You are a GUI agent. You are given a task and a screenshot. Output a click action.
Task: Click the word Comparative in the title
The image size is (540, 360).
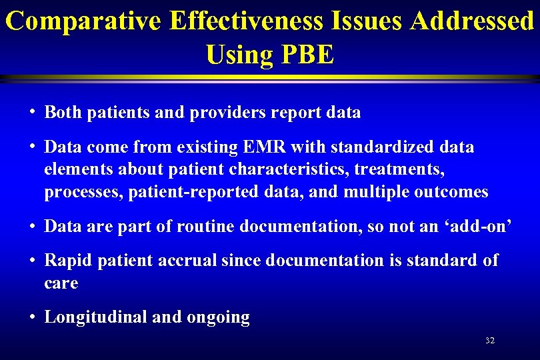tap(83, 21)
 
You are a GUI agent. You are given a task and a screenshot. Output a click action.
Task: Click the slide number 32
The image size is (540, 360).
tap(490, 341)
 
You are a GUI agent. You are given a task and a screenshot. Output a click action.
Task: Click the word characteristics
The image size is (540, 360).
tap(281, 169)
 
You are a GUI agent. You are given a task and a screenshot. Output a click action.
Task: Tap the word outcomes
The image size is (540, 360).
tap(451, 193)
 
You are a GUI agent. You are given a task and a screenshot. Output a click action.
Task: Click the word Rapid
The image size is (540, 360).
tap(69, 261)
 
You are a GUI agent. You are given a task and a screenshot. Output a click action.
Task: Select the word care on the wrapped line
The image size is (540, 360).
tap(61, 283)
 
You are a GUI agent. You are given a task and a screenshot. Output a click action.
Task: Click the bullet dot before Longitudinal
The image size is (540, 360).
tap(32, 317)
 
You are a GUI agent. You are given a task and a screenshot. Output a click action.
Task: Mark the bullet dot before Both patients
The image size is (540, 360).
tap(32, 113)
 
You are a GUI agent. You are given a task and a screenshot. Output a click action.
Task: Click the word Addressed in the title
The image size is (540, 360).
tap(472, 21)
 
